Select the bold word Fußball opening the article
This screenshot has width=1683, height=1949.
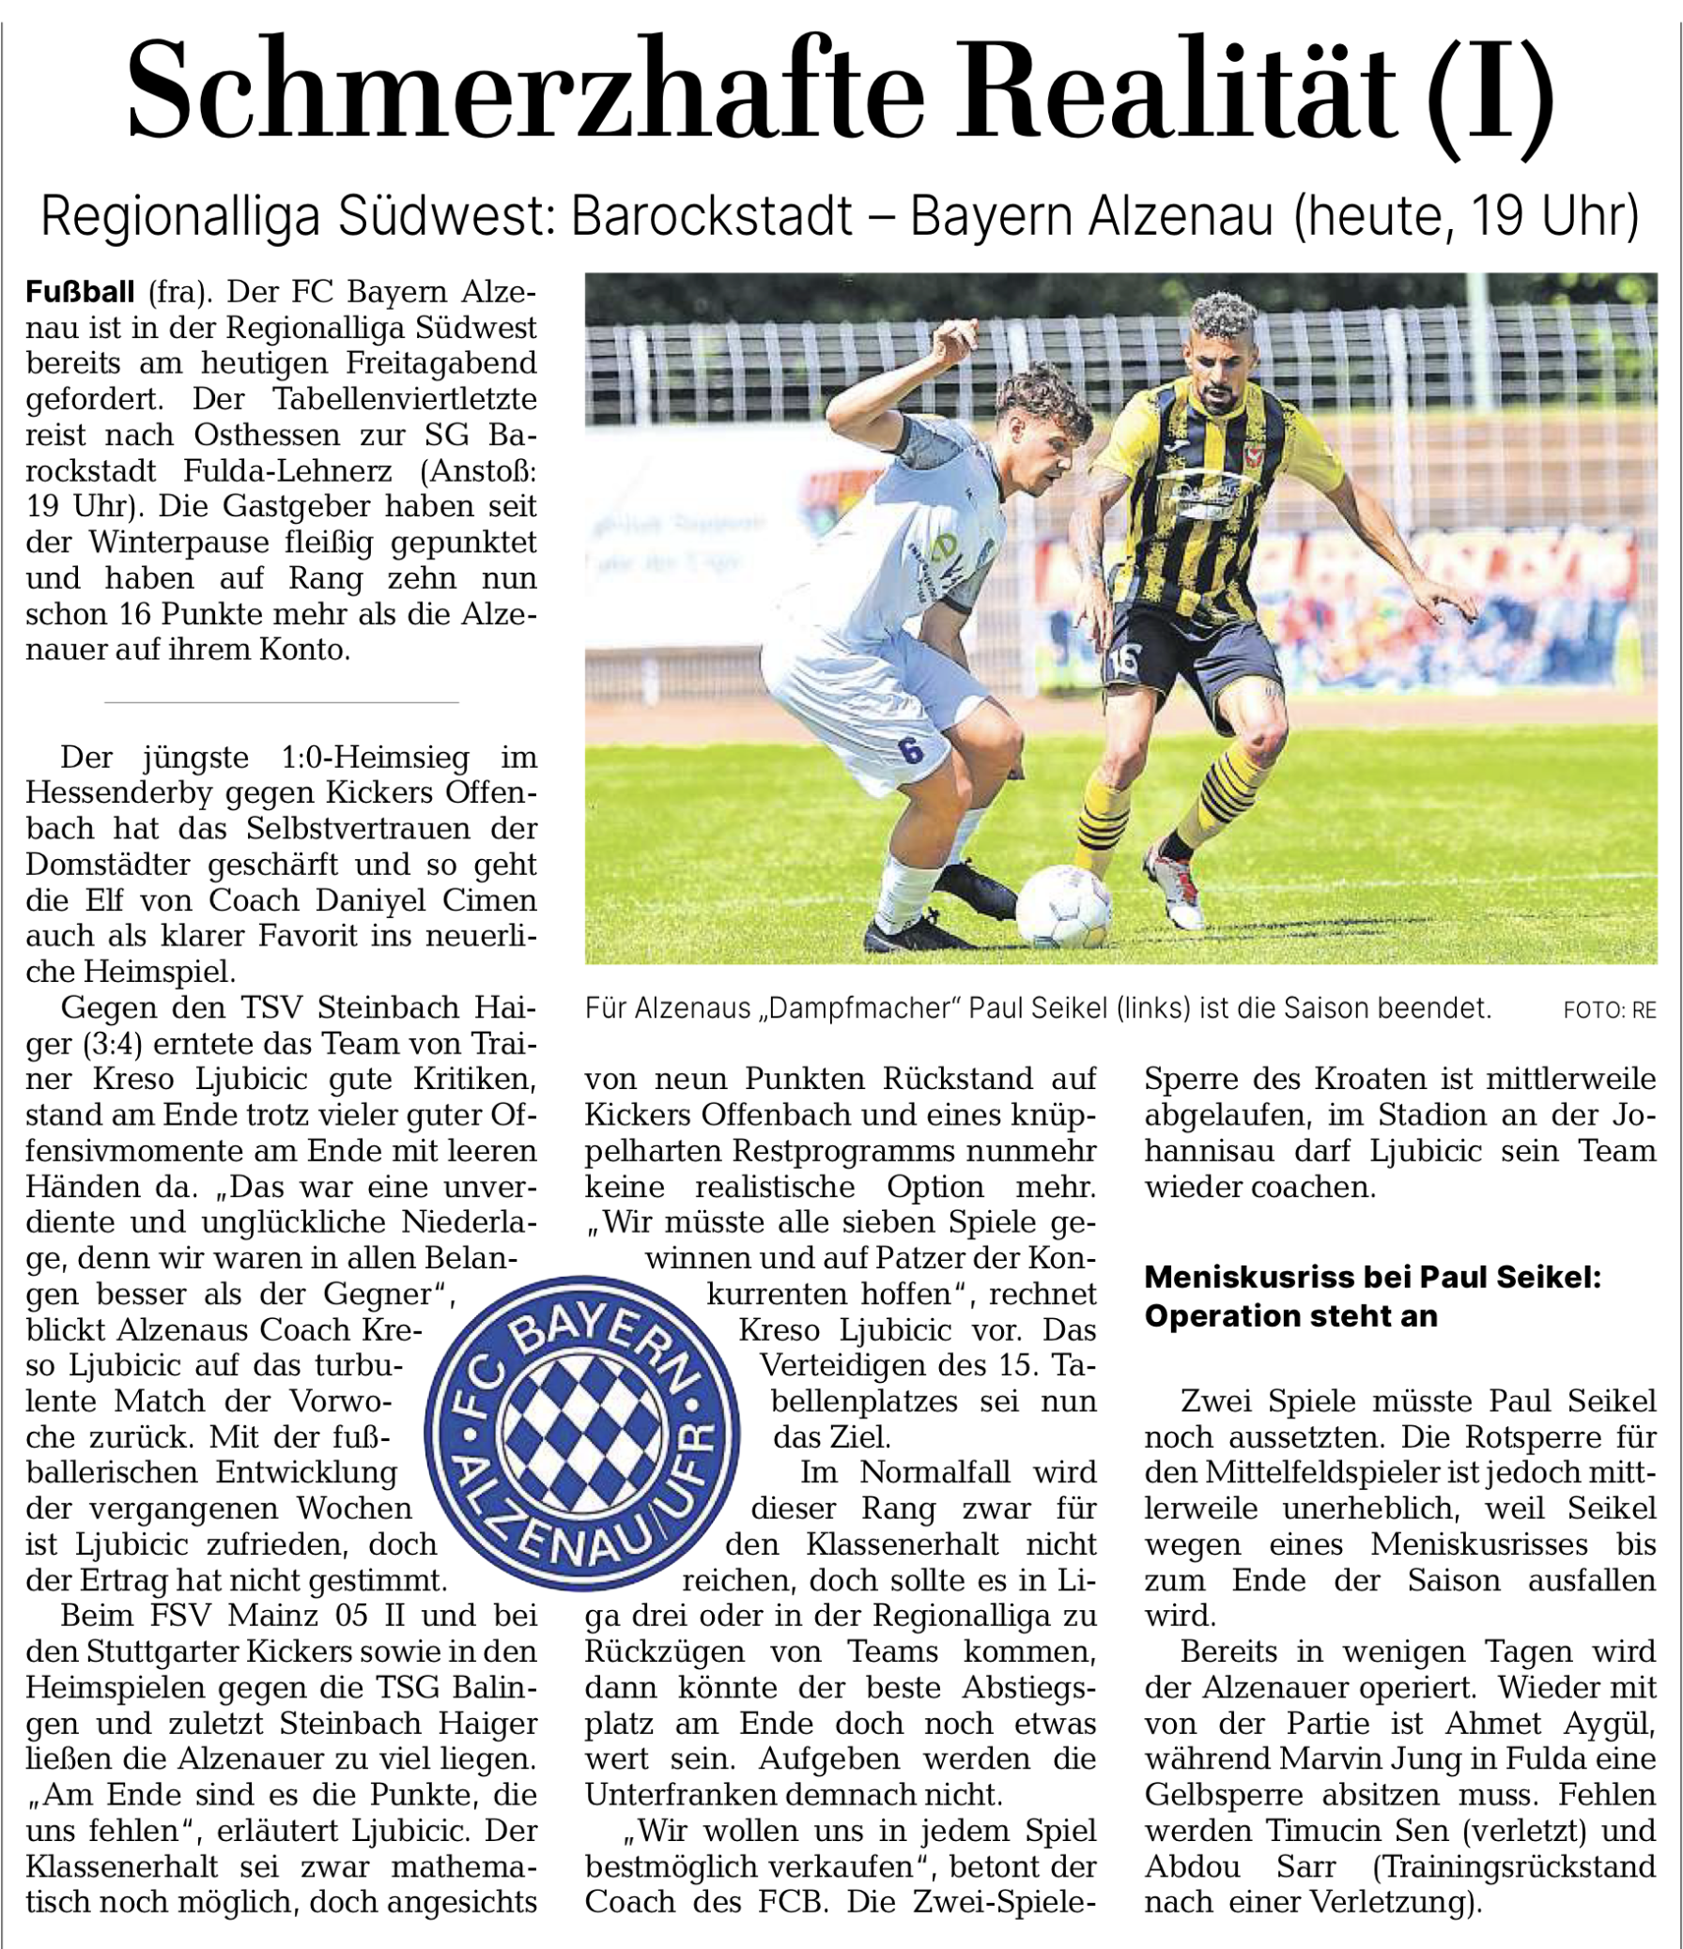[x=80, y=293]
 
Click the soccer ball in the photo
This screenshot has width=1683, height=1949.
[x=1063, y=905]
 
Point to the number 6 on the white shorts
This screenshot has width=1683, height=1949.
[x=909, y=750]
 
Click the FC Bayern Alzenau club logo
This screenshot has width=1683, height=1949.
[x=581, y=1434]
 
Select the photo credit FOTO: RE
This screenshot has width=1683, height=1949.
[x=1609, y=1010]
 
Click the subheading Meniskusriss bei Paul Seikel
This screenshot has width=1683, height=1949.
[x=1371, y=1277]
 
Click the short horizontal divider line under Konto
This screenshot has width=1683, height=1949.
[x=282, y=701]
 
